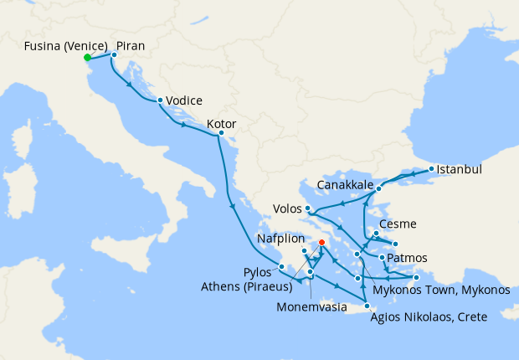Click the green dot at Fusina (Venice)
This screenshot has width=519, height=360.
[x=87, y=58]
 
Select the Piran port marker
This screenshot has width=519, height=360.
[x=114, y=54]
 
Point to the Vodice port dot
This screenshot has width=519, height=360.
[x=159, y=100]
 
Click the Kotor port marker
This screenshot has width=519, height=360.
[x=220, y=133]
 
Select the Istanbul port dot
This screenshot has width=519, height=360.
[x=431, y=169]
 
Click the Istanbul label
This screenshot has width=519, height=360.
[x=460, y=169]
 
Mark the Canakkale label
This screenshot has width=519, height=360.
[x=345, y=183]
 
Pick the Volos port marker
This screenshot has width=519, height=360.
[x=308, y=208]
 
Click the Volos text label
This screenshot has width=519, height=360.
[x=287, y=208]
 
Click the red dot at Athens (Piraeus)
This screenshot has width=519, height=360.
[x=321, y=243]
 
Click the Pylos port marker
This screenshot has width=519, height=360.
[x=282, y=267]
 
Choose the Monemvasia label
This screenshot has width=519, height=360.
[x=311, y=306]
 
